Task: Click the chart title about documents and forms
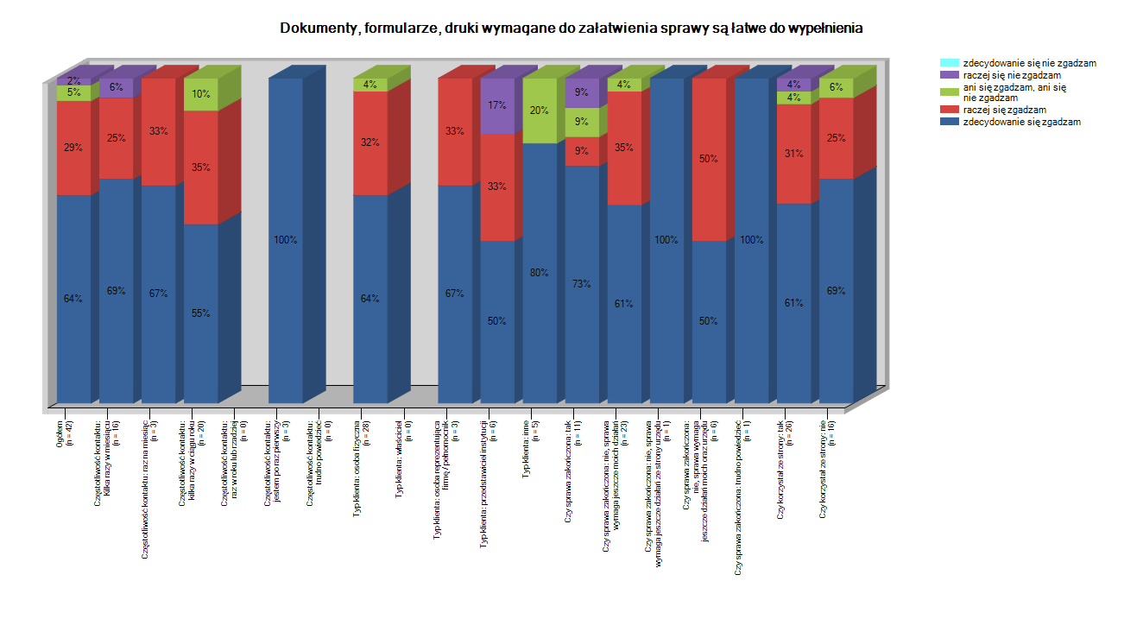tap(571, 28)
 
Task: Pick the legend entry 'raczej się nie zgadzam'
tap(1011, 75)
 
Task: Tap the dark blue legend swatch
tap(949, 122)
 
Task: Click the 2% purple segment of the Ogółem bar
tap(73, 81)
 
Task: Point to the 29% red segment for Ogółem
tap(73, 148)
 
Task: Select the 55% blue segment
tap(200, 313)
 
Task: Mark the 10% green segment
tap(200, 94)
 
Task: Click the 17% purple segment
tap(497, 106)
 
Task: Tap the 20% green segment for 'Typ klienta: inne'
tap(540, 111)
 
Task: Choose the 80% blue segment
tap(540, 273)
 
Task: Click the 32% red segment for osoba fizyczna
tap(369, 143)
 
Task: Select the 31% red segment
tap(793, 154)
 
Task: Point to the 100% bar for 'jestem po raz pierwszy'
tap(285, 240)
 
